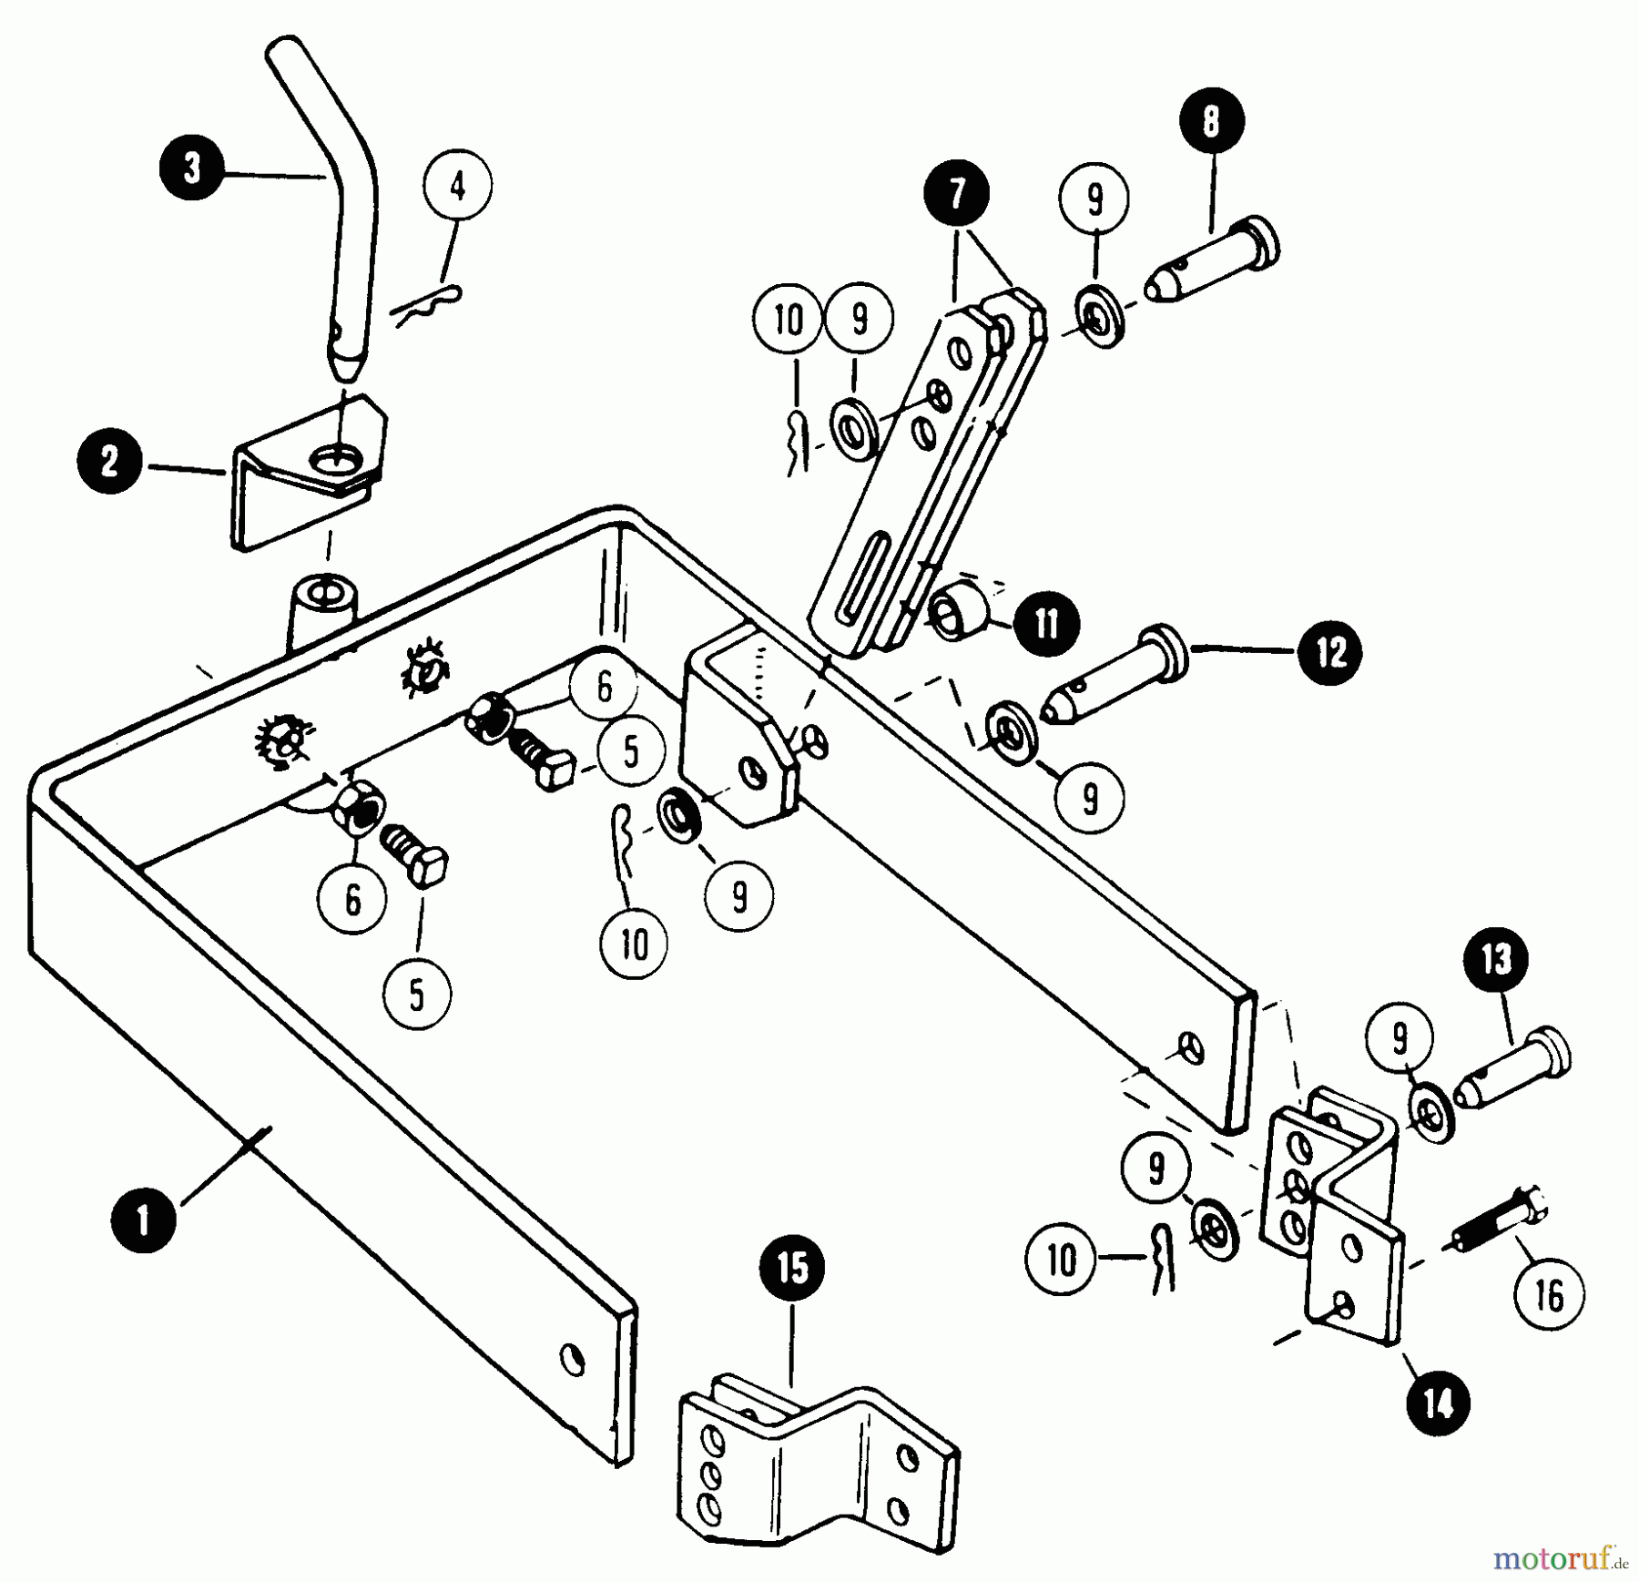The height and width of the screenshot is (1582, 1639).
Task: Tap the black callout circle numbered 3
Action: pyautogui.click(x=192, y=169)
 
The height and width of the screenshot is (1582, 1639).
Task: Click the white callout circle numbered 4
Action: pyautogui.click(x=457, y=188)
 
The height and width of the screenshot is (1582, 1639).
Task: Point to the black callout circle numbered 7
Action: pyautogui.click(x=956, y=193)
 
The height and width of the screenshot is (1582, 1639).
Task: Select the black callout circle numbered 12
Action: pyautogui.click(x=1330, y=652)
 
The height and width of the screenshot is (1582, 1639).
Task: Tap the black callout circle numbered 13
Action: pyautogui.click(x=1497, y=959)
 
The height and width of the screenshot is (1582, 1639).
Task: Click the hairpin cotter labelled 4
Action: pyautogui.click(x=428, y=305)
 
